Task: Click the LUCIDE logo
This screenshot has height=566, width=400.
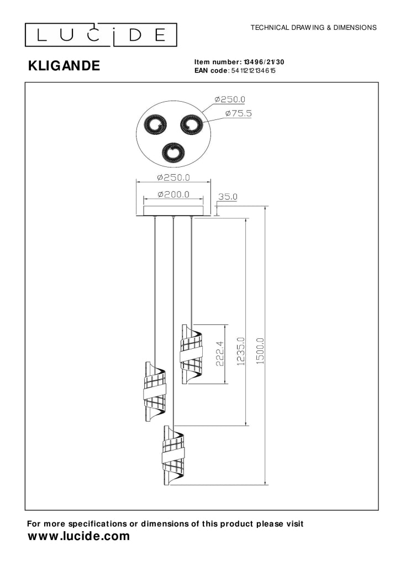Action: (101, 35)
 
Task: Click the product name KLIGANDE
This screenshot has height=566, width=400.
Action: (64, 66)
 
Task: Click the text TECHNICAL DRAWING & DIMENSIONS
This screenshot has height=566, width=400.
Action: (313, 28)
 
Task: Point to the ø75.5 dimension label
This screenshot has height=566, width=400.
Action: (239, 113)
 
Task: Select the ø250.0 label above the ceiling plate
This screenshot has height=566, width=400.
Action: (173, 177)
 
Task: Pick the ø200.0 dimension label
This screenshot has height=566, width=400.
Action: (173, 195)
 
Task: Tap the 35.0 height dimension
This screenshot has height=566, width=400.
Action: (228, 197)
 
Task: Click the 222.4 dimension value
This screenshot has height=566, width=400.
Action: (220, 354)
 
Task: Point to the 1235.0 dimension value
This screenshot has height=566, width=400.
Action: (241, 351)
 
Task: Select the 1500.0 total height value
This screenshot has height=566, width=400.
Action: (260, 350)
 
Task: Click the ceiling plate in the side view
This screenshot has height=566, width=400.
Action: (173, 211)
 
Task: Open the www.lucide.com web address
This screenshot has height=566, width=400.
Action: (78, 536)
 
